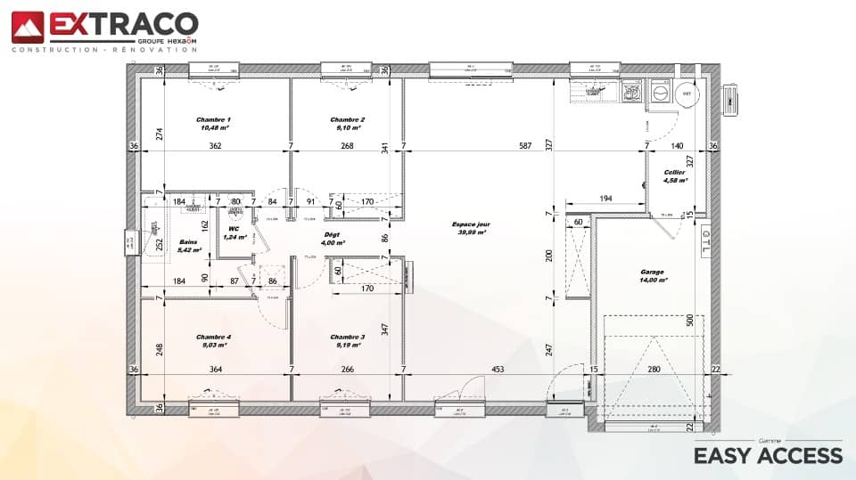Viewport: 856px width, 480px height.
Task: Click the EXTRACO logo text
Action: (122, 25)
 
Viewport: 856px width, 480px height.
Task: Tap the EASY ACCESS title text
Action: (768, 456)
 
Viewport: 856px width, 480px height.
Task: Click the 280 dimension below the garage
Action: (654, 370)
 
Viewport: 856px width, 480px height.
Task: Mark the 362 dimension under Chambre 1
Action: (215, 146)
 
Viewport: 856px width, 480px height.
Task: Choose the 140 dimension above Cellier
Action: (677, 146)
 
